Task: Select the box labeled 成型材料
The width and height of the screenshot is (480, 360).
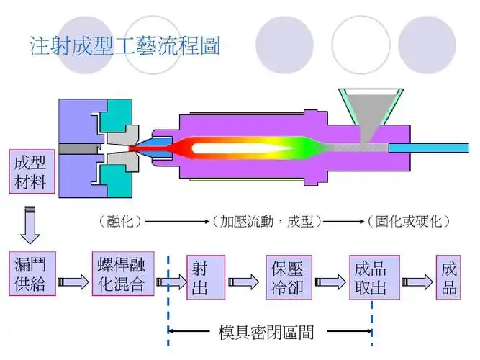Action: [x=30, y=171]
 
